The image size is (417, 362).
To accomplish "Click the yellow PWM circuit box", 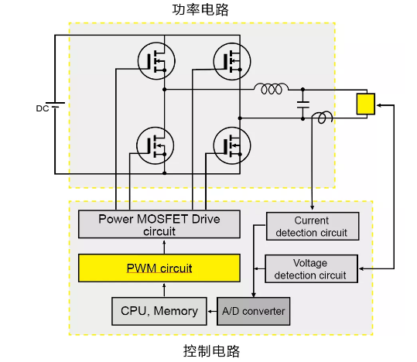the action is (x=159, y=268).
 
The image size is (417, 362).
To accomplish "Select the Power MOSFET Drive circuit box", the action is (x=159, y=224).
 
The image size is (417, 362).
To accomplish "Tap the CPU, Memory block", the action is (x=159, y=311).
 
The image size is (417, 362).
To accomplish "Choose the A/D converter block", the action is (x=254, y=311).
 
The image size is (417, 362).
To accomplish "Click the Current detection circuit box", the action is (x=313, y=227).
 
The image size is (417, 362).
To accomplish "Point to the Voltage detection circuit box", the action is (x=312, y=269).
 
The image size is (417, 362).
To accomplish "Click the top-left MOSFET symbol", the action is (x=156, y=61).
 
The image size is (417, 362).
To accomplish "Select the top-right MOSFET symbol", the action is (x=232, y=61).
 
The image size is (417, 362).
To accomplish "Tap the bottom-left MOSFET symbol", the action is (x=156, y=145).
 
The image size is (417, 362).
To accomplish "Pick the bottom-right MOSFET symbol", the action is (x=232, y=145).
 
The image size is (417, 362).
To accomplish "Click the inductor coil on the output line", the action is (x=271, y=89).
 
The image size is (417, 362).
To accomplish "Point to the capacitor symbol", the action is (x=303, y=104).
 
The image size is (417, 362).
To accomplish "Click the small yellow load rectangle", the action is (x=366, y=104).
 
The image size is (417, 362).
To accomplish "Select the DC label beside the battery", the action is (x=43, y=108).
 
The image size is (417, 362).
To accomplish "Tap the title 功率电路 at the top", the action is (x=200, y=10).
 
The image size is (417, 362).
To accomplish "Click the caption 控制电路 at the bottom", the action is (x=211, y=351).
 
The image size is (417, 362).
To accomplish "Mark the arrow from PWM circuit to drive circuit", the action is (x=164, y=247).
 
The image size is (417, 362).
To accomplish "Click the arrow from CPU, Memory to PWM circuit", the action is (x=164, y=290).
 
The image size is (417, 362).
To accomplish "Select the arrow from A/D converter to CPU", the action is (x=212, y=311).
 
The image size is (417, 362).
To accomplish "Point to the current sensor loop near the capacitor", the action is (x=323, y=117).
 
